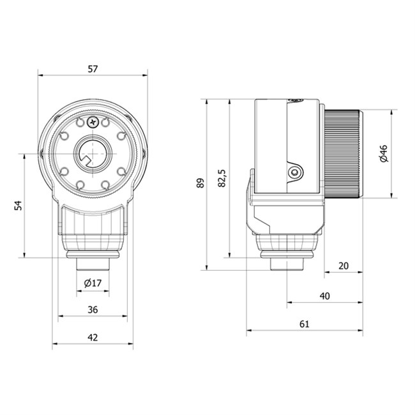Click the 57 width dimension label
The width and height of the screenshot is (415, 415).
tap(93, 69)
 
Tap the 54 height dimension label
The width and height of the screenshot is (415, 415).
tap(18, 206)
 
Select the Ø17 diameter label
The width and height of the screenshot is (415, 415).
tap(93, 283)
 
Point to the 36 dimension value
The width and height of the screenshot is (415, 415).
tap(93, 310)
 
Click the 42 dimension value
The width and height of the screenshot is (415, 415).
tap(93, 338)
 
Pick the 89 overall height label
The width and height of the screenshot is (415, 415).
tap(200, 183)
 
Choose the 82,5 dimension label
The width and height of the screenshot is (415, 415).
tap(222, 178)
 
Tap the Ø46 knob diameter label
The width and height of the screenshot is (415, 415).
tap(383, 153)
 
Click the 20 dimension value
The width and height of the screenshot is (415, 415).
tap(343, 266)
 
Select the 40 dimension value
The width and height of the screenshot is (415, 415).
tap(325, 296)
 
